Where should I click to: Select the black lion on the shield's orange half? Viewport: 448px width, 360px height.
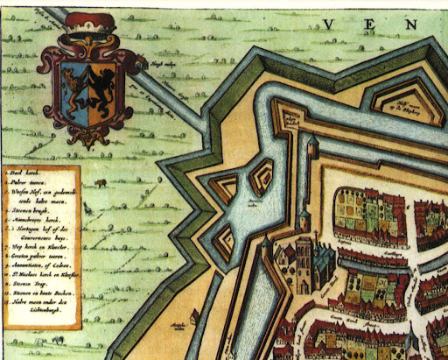[102, 84]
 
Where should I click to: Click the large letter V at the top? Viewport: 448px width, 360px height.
[329, 24]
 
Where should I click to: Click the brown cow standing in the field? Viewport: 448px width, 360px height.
[101, 184]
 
